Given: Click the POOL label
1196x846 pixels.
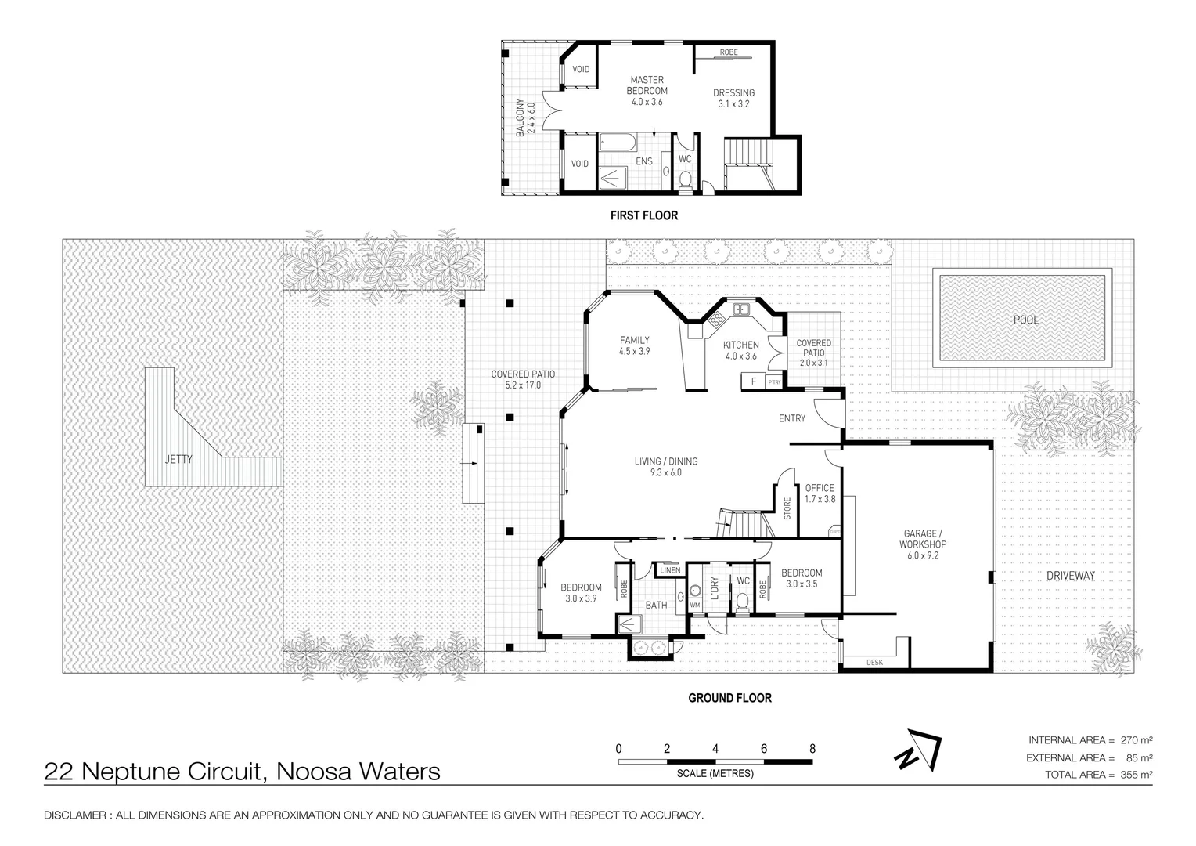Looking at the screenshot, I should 1025,320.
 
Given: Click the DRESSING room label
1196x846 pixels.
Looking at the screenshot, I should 733,93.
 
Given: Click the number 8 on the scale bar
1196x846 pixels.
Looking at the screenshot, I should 812,748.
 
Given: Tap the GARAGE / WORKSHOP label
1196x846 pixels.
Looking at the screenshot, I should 923,539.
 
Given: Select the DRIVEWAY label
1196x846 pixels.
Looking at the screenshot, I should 1070,575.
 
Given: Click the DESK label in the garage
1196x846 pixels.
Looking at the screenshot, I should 874,663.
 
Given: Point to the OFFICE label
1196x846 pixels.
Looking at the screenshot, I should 820,488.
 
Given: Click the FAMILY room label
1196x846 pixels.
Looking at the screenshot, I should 635,340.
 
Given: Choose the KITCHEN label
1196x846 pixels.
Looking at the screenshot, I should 740,345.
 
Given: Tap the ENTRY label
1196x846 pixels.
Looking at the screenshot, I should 791,418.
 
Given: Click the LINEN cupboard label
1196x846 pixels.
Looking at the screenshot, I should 670,570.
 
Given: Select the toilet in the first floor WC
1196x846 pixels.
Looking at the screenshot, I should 686,180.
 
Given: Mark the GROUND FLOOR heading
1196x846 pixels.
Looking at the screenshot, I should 729,698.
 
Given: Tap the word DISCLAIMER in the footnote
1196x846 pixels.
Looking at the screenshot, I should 75,815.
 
